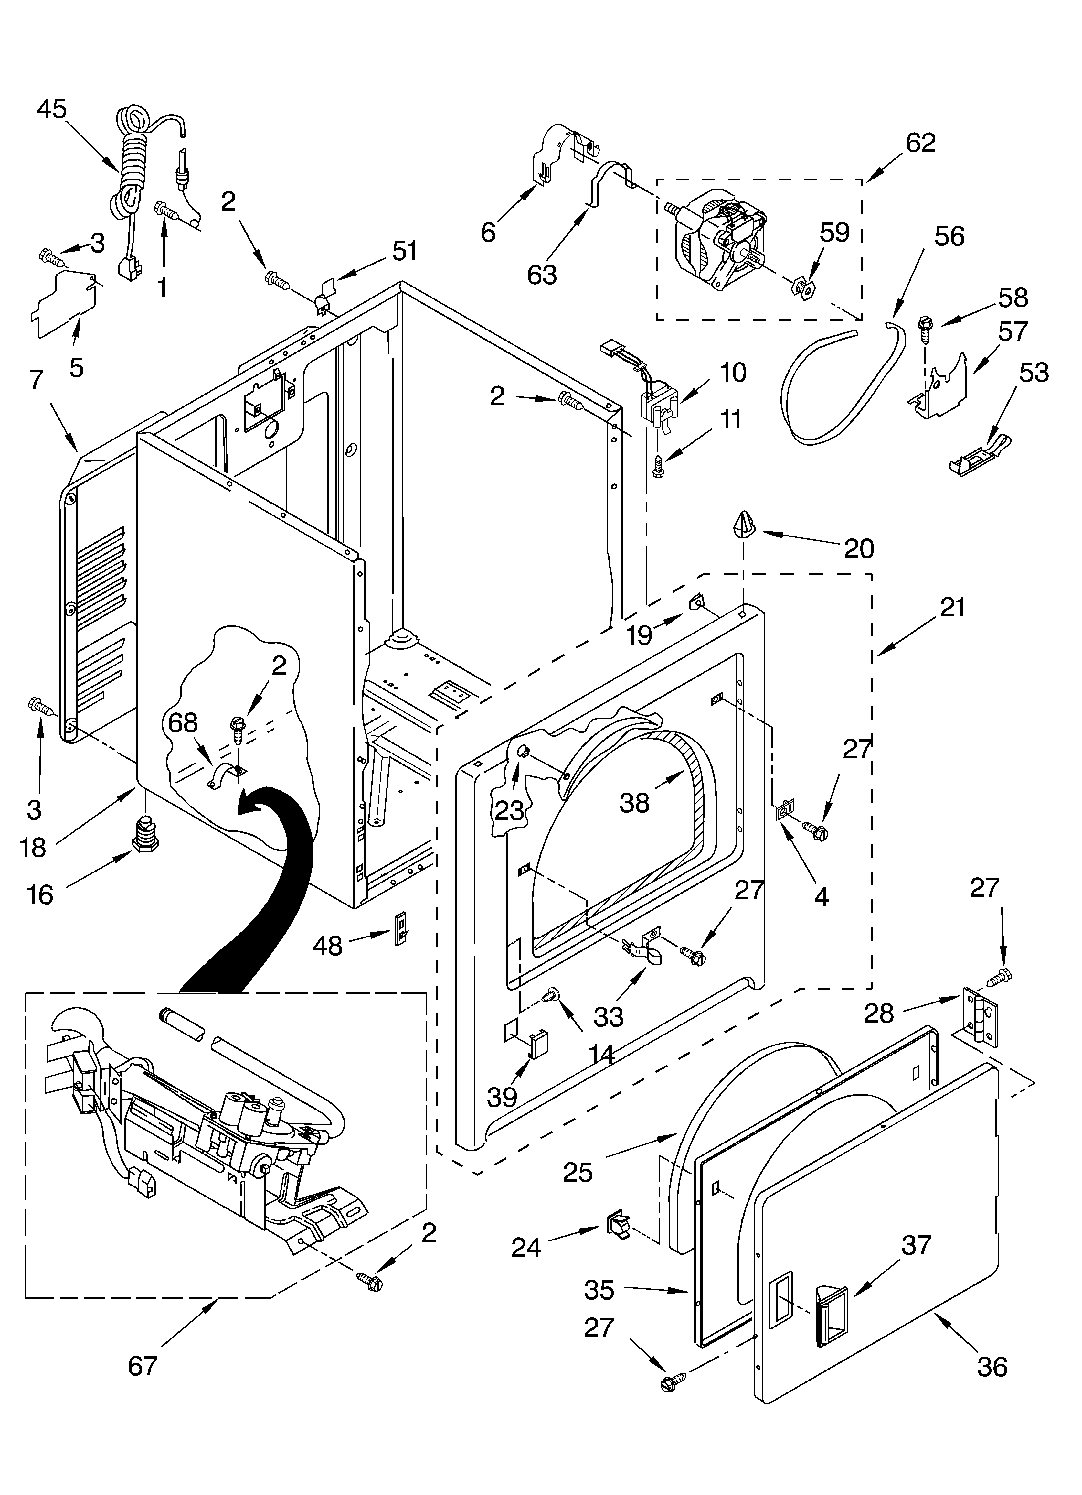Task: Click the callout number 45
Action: [51, 109]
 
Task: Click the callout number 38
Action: [634, 803]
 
